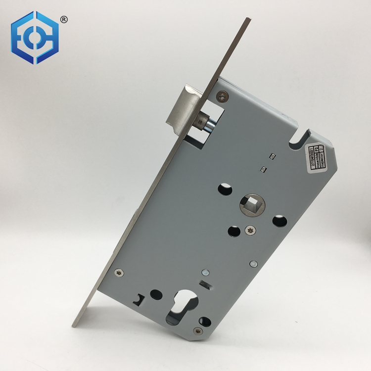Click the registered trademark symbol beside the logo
tap(64, 19)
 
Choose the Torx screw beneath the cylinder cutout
tap(199, 330)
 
